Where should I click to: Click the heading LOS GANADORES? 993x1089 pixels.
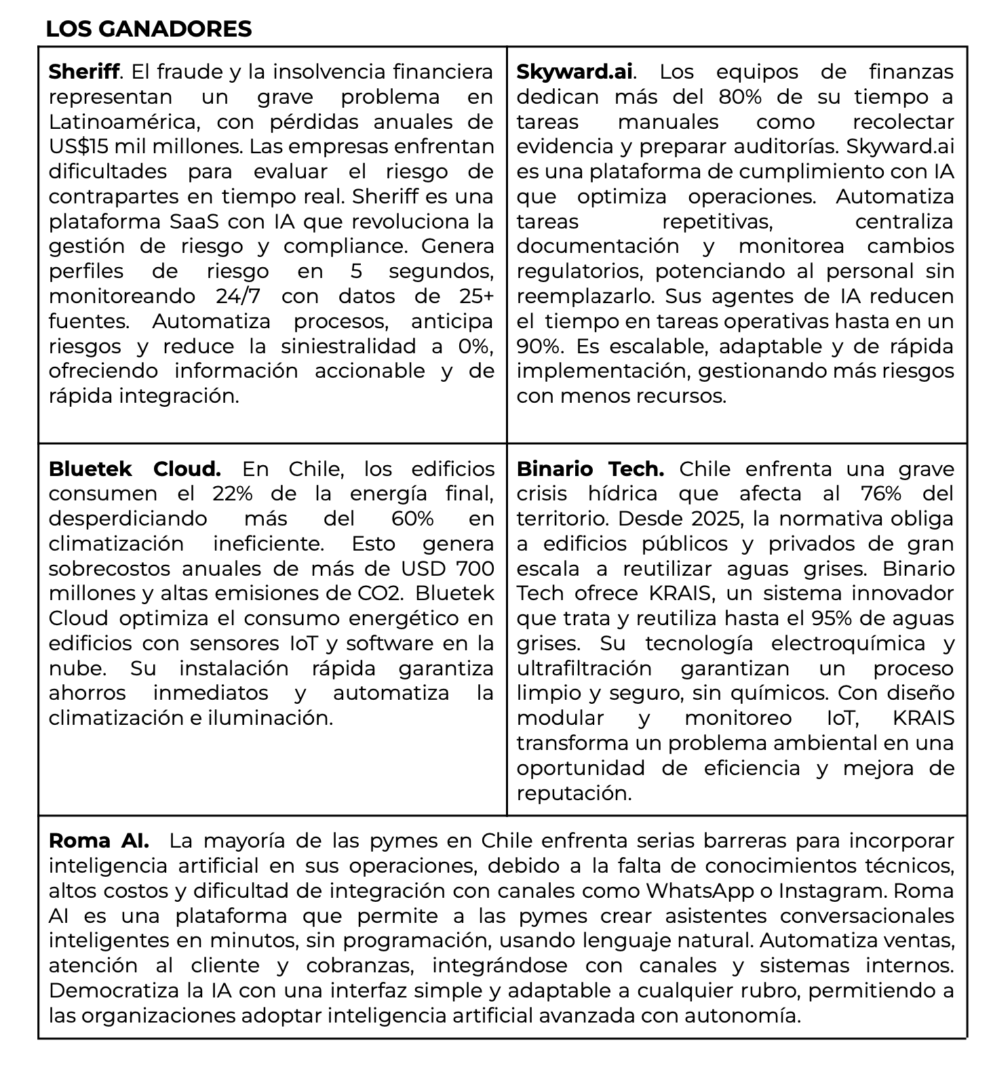[x=149, y=28]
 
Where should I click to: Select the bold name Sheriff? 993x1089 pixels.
[x=84, y=71]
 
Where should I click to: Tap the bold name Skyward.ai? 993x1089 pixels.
[x=575, y=71]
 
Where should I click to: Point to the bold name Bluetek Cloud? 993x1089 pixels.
[x=134, y=469]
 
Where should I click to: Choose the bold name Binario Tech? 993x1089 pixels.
[x=589, y=469]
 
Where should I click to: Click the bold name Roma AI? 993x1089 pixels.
[x=98, y=841]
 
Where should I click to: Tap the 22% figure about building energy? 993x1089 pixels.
[x=230, y=494]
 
